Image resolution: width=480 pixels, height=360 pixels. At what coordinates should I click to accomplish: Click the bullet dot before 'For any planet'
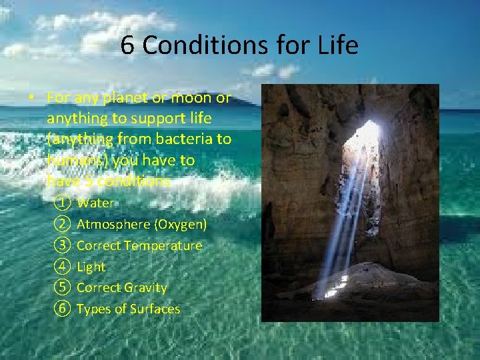click(x=32, y=98)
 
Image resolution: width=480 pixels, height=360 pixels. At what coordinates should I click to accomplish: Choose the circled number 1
click(x=63, y=203)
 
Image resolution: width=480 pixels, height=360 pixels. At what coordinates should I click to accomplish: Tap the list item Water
click(x=96, y=203)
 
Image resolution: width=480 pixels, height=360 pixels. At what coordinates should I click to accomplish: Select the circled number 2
click(x=63, y=224)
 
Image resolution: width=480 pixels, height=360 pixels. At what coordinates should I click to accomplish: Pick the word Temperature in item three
click(x=163, y=245)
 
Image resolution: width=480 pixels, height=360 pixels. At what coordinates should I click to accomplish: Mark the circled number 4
click(x=63, y=267)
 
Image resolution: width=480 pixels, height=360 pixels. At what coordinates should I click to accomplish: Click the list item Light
click(x=91, y=267)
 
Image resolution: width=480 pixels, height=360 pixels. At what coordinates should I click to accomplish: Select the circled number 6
click(x=63, y=309)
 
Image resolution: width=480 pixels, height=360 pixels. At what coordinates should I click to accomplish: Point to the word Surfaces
click(x=155, y=309)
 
